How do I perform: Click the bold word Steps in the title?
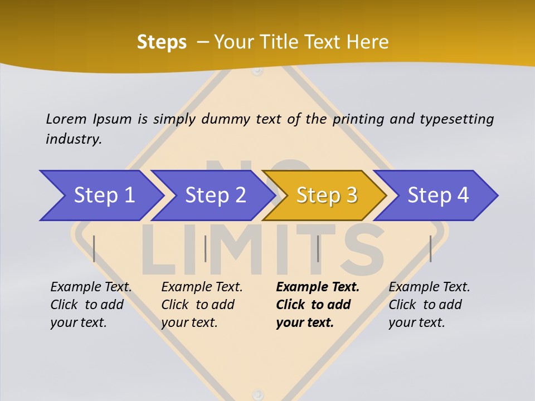[x=162, y=42]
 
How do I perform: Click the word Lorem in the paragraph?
[x=66, y=119]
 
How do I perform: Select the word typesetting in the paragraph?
[x=456, y=119]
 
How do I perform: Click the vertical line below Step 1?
[x=94, y=248]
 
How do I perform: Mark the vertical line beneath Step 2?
[x=206, y=248]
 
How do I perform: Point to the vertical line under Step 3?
[x=318, y=248]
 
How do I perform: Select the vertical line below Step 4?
[x=430, y=248]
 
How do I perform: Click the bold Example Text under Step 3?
[x=318, y=287]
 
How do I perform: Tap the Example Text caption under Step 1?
[x=91, y=287]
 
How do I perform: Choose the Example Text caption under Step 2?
[x=202, y=287]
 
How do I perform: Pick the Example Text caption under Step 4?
[x=429, y=287]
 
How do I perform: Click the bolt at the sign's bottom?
[x=256, y=393]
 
